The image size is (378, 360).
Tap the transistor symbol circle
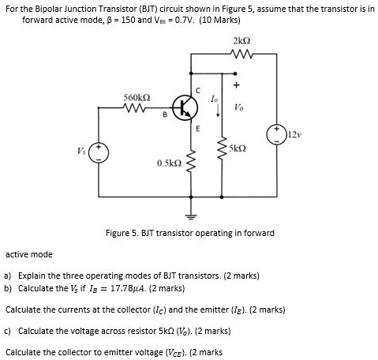click(182, 109)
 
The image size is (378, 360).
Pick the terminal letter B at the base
click(165, 120)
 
